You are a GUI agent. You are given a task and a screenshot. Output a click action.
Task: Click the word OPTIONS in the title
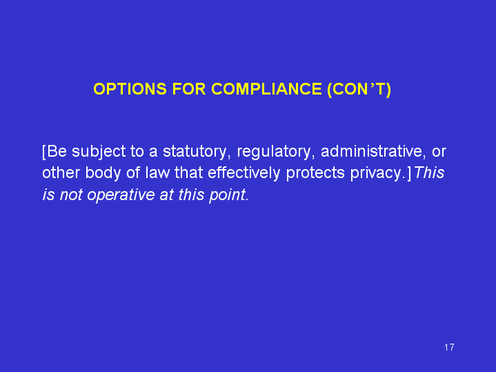[130, 89]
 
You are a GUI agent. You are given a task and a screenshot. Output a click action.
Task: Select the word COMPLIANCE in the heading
[267, 89]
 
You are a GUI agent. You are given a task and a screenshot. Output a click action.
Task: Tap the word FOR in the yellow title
[189, 89]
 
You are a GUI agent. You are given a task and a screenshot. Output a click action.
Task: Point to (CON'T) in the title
[359, 89]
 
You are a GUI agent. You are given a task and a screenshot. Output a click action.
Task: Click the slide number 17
[449, 347]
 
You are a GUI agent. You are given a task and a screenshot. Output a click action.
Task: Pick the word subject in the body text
[99, 152]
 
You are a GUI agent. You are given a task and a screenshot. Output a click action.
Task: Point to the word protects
[315, 173]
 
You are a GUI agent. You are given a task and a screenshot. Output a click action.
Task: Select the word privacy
[378, 173]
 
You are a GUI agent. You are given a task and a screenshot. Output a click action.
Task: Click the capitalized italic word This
[429, 173]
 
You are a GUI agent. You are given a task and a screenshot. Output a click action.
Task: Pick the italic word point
[229, 195]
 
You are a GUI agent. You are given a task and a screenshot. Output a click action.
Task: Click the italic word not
[71, 195]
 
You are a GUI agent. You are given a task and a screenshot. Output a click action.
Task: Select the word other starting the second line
[61, 173]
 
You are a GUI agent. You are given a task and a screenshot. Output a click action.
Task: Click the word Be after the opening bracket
[57, 151]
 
